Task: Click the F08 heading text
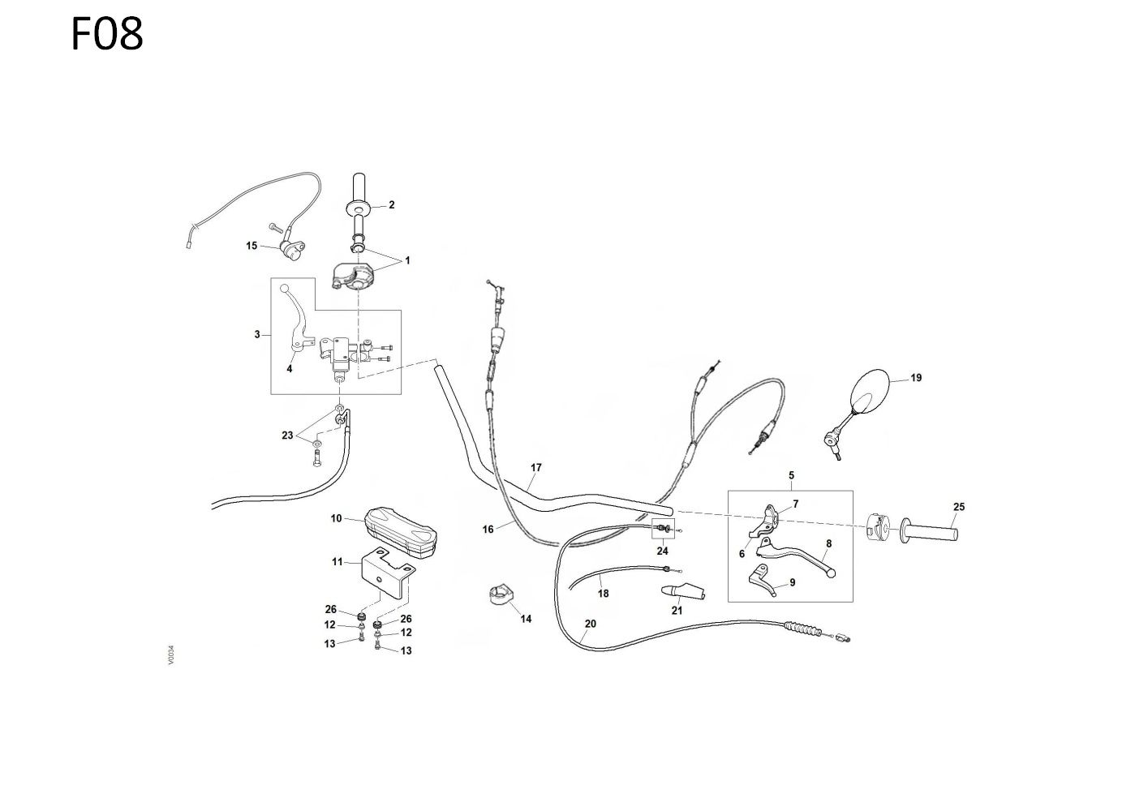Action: click(107, 35)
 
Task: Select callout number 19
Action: click(916, 378)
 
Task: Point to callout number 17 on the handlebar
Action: click(535, 468)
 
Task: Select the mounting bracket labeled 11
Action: click(388, 571)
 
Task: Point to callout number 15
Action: click(251, 245)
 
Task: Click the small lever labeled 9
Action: click(763, 581)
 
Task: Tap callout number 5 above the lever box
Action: click(791, 475)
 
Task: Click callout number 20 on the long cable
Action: click(590, 624)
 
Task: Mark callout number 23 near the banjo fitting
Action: click(287, 436)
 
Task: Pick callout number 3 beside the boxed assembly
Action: click(257, 334)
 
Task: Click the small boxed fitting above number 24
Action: click(664, 530)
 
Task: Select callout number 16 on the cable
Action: click(488, 530)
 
